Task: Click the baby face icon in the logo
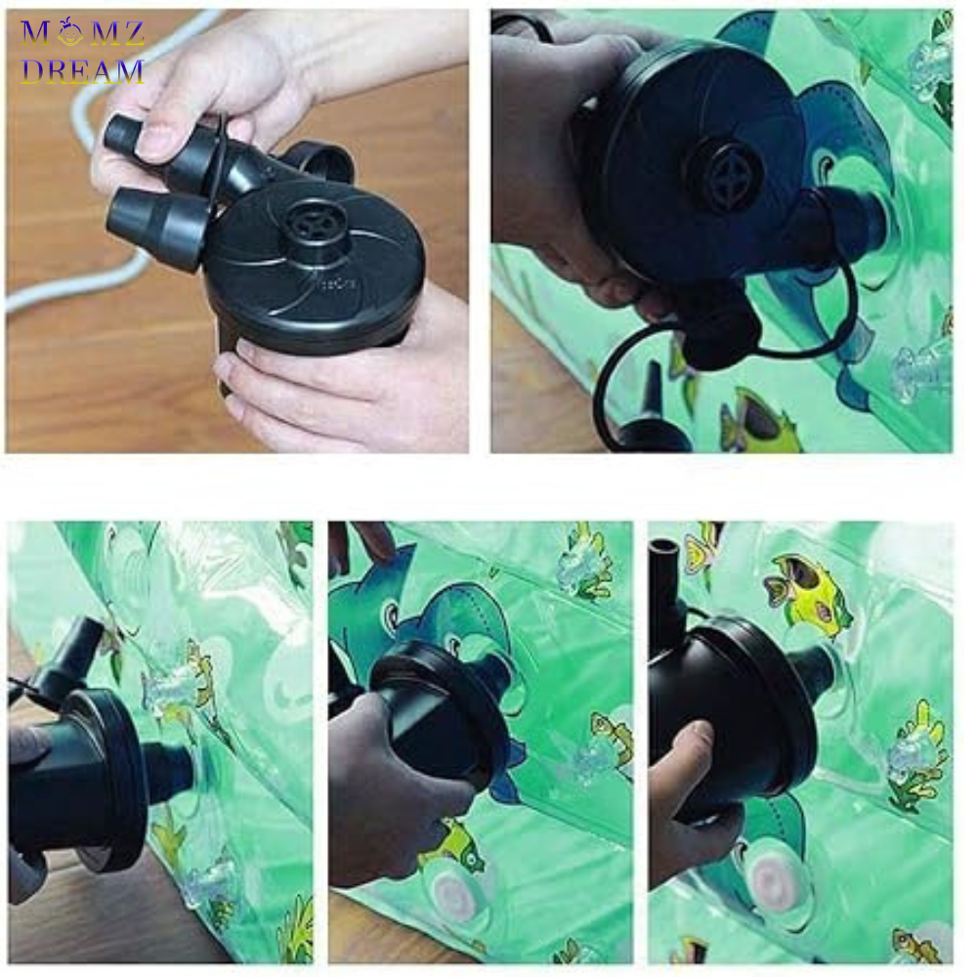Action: point(69,31)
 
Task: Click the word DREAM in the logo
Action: point(82,71)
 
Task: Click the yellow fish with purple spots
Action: point(806,592)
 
